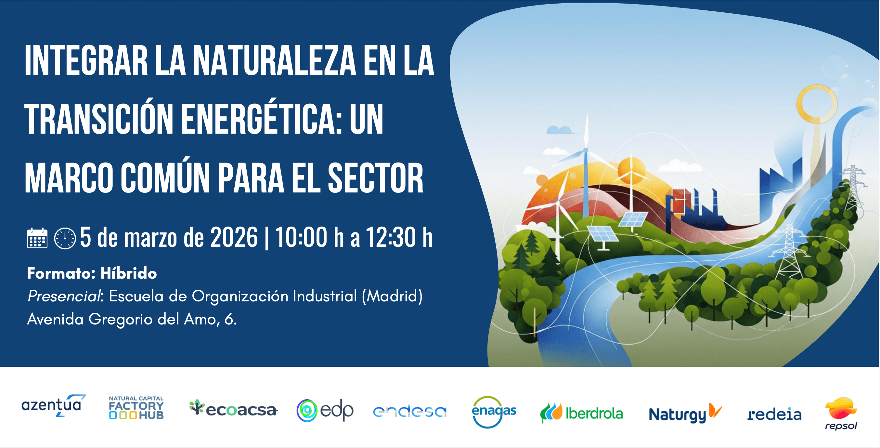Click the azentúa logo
coord(53,406)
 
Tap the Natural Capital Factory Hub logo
coord(136,408)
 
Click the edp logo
coord(325,410)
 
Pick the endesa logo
coord(409,412)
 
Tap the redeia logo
coord(774,414)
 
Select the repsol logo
coord(841,413)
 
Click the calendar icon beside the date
coord(37,238)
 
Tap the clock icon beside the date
coord(65,238)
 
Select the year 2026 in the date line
coord(234,237)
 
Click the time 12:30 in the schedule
coord(391,237)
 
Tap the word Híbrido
coord(128,273)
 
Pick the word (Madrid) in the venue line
coord(392,296)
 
